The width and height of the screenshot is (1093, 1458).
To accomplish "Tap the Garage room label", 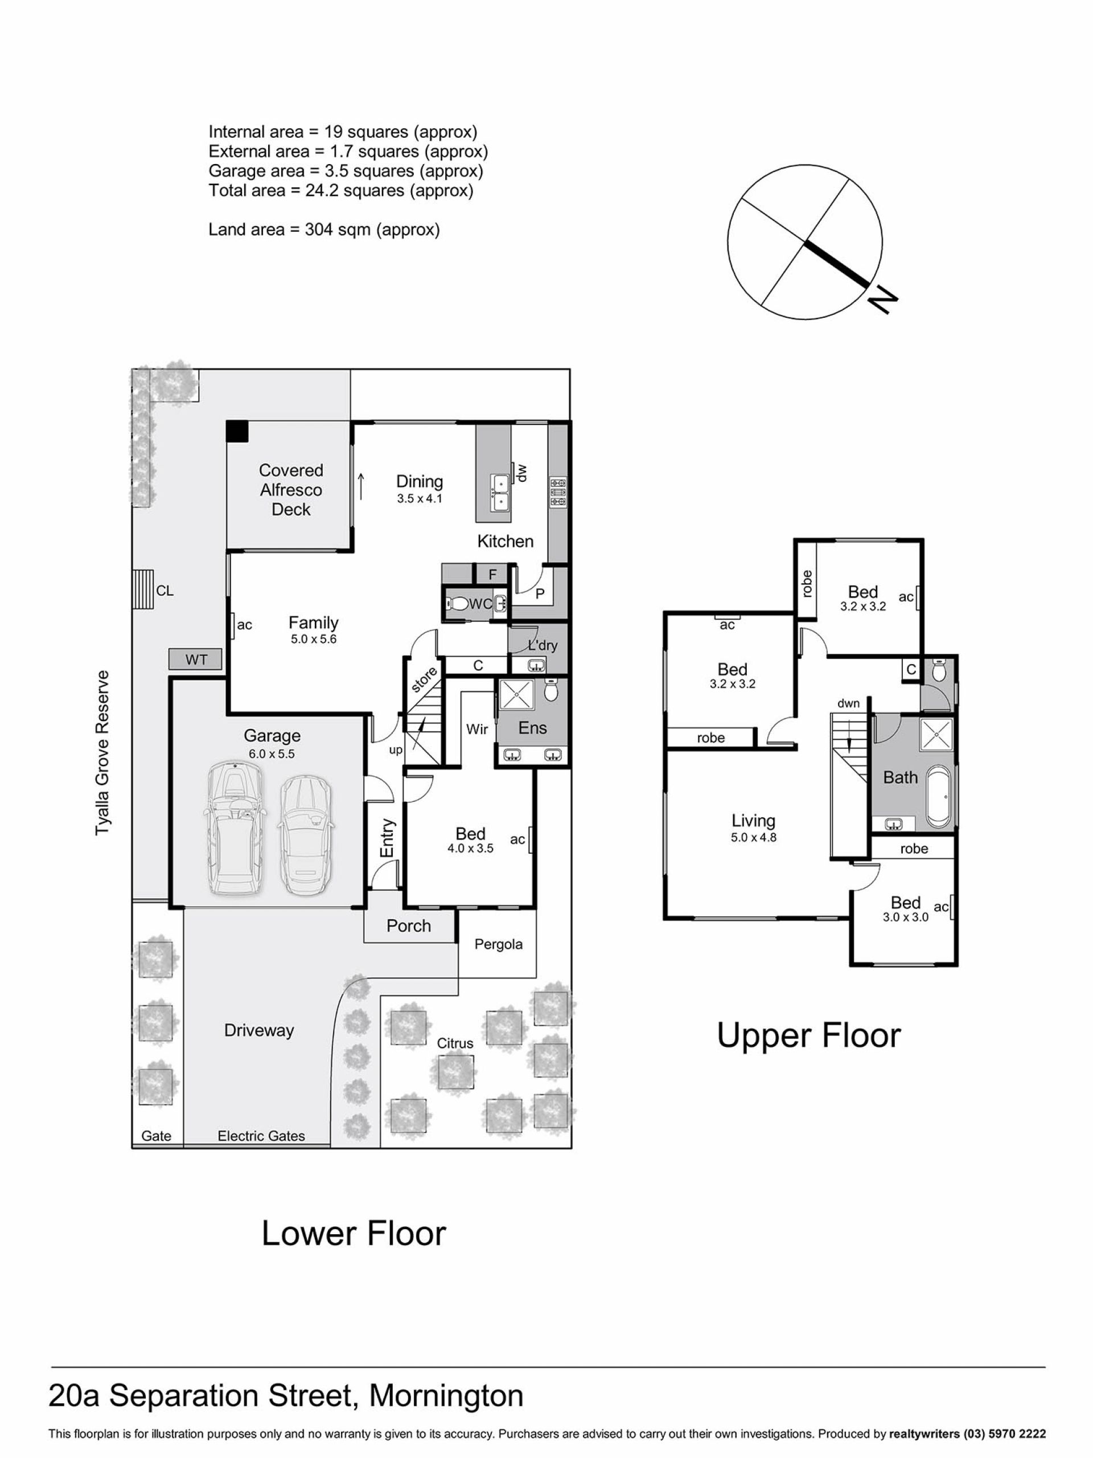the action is pyautogui.click(x=272, y=736).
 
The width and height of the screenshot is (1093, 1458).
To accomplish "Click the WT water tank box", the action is pyautogui.click(x=196, y=659).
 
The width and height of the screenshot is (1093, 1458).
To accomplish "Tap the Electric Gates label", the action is pyautogui.click(x=261, y=1136).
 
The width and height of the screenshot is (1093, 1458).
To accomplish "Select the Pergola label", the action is pyautogui.click(x=499, y=944).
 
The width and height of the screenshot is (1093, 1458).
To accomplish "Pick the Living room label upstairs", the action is pyautogui.click(x=753, y=821).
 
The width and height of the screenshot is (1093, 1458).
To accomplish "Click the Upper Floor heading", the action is pyautogui.click(x=808, y=1035).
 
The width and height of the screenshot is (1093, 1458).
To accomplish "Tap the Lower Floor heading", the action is pyautogui.click(x=354, y=1232).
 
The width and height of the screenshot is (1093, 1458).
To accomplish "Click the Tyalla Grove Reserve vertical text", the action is pyautogui.click(x=102, y=753).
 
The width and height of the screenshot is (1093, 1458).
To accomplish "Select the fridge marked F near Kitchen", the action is pyautogui.click(x=492, y=574).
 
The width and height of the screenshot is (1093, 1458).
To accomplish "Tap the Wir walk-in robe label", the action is pyautogui.click(x=477, y=729).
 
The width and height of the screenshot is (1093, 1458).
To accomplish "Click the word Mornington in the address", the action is pyautogui.click(x=446, y=1396).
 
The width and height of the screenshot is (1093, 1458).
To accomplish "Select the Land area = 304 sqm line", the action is pyautogui.click(x=324, y=230).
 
